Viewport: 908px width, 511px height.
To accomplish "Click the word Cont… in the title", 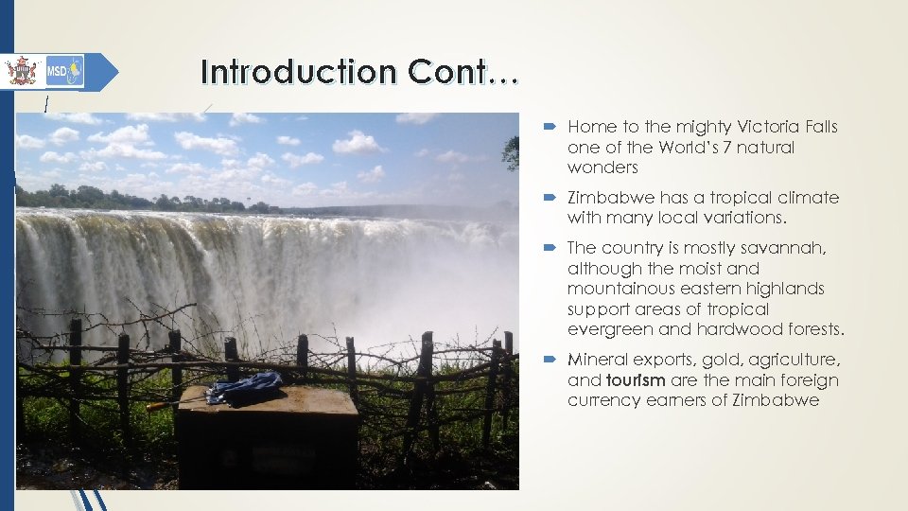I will click(463, 72).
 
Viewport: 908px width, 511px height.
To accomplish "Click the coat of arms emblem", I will click(20, 71).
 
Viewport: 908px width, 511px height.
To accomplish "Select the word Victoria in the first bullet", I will click(760, 127).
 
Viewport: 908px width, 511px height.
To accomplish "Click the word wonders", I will click(602, 167).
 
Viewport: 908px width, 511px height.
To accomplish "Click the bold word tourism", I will click(637, 380).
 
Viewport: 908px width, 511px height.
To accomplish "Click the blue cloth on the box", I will click(244, 387).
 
